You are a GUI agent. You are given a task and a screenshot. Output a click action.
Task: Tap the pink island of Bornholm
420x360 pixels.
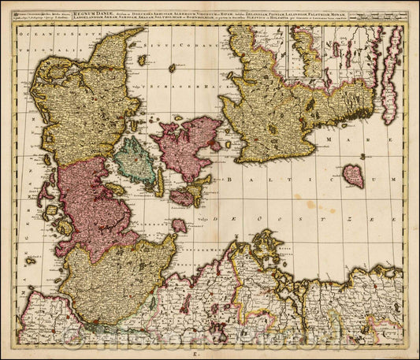tap(354, 175)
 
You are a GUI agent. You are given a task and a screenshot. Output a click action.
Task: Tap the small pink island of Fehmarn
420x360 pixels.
tap(179, 225)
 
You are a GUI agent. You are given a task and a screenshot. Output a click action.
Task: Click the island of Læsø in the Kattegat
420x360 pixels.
tap(142, 59)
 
